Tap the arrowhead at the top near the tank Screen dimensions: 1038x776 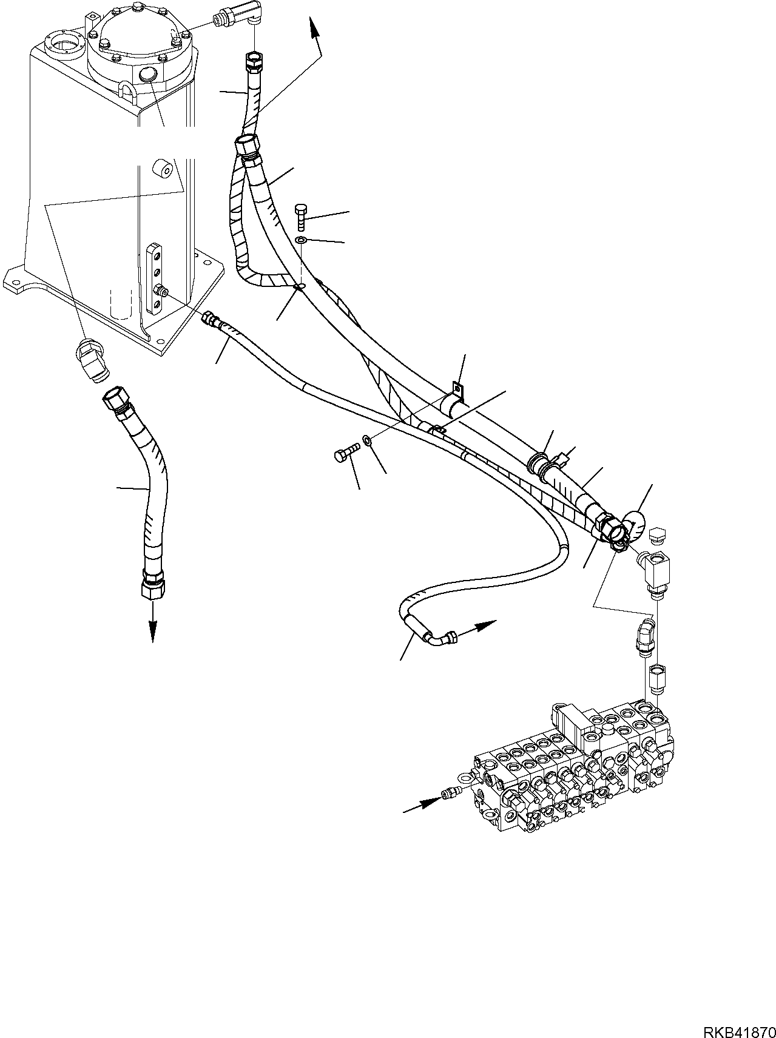(313, 30)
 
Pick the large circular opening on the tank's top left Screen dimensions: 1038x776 (66, 45)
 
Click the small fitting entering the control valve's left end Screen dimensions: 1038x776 (449, 792)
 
